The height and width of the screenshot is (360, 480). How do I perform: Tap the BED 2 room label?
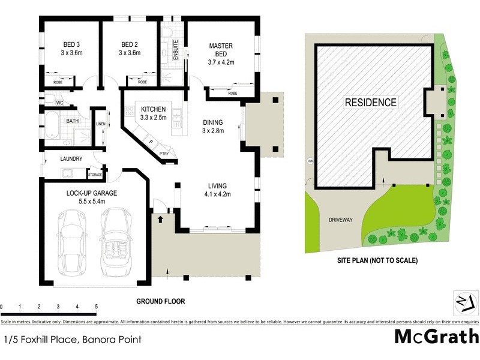pos(130,44)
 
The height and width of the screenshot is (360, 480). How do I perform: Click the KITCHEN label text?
pos(154,109)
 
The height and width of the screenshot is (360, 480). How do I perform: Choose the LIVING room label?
pos(217,185)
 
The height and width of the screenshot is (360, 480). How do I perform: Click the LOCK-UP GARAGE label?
pos(92,193)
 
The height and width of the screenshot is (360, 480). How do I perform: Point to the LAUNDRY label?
pos(71,159)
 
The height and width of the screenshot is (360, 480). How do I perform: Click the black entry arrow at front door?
pos(160,220)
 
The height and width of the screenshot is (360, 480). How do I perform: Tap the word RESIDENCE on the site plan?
pos(370,103)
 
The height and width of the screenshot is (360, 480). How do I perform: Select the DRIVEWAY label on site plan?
pos(340,220)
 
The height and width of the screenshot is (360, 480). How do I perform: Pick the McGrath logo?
pos(436,336)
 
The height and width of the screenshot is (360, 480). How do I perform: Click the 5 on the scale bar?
pos(96,307)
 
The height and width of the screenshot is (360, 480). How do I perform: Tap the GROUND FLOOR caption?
pos(160,301)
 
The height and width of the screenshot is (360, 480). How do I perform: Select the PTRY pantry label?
pos(164,154)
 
